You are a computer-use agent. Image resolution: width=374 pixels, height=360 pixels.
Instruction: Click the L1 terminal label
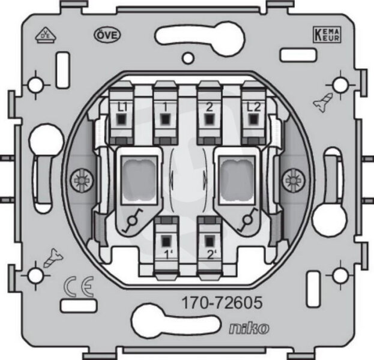pyautogui.click(x=122, y=108)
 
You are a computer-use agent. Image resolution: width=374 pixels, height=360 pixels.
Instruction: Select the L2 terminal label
pyautogui.click(x=253, y=107)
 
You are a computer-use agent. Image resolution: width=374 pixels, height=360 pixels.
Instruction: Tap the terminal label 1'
pyautogui.click(x=168, y=255)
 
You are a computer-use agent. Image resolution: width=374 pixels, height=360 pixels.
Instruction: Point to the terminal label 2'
pyautogui.click(x=212, y=255)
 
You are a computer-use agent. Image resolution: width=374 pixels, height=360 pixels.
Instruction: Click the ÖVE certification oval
pyautogui.click(x=107, y=35)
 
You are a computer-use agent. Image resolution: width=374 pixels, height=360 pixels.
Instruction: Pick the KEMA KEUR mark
pyautogui.click(x=327, y=35)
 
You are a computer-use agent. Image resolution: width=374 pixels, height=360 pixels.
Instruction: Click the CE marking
pyautogui.click(x=79, y=287)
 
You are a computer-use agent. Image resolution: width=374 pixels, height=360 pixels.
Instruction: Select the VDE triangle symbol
pyautogui.click(x=46, y=35)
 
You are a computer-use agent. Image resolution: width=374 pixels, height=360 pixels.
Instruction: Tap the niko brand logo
pyautogui.click(x=249, y=329)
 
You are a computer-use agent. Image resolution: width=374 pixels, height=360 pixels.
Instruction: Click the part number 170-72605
pyautogui.click(x=222, y=303)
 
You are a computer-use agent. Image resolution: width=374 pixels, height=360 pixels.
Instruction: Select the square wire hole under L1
pyautogui.click(x=122, y=119)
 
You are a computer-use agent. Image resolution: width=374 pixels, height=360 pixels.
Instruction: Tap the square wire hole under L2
pyautogui.click(x=253, y=119)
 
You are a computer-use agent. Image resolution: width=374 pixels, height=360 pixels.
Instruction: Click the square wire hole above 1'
pyautogui.click(x=166, y=241)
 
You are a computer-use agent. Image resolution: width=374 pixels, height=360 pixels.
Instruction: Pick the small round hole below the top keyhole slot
pyautogui.click(x=188, y=58)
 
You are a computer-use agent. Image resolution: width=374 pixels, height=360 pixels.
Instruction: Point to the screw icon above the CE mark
pyautogui.click(x=53, y=258)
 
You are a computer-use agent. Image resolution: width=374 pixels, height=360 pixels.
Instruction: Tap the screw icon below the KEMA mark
pyautogui.click(x=322, y=103)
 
